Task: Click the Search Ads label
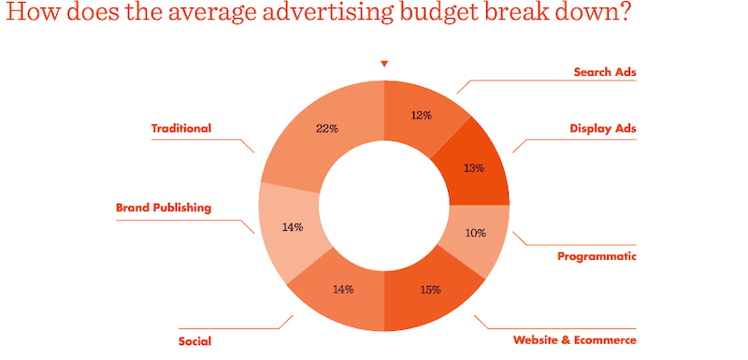pos(604,71)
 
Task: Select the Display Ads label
pos(602,129)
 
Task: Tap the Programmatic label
pos(597,256)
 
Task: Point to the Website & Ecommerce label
pos(574,339)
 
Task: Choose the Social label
pos(194,340)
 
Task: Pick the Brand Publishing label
pos(164,208)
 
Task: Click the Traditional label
pos(181,128)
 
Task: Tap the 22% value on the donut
pos(327,129)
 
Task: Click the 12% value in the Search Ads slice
pos(421,115)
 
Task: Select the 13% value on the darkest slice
pos(474,168)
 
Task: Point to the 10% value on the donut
pos(475,233)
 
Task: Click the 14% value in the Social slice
pos(343,289)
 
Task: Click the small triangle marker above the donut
pos(383,64)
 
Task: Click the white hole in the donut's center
pos(384,205)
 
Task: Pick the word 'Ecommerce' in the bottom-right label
pos(604,339)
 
